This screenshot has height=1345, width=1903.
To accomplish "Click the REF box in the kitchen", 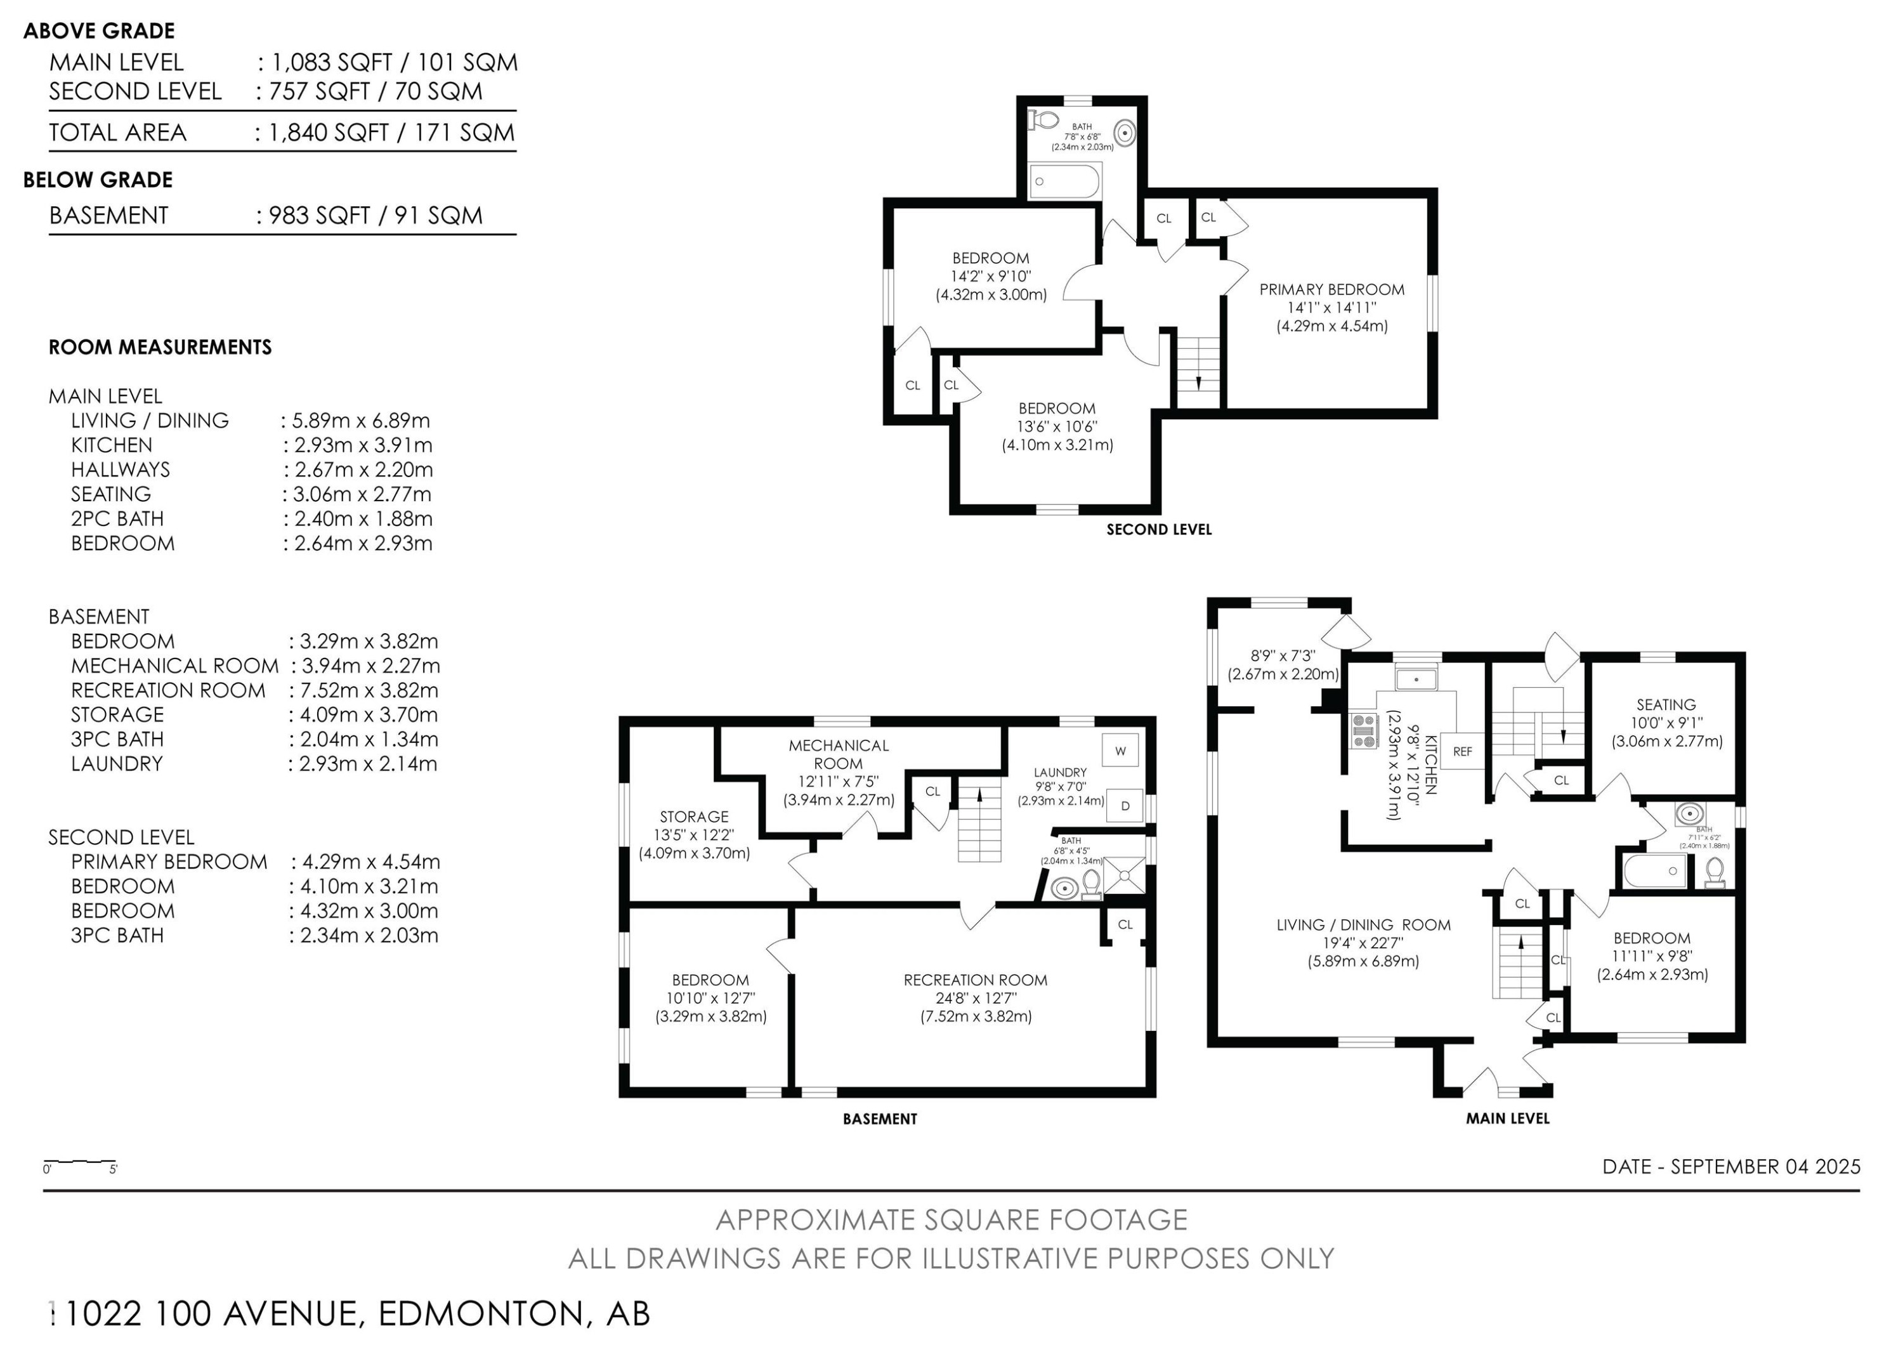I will coord(1462,752).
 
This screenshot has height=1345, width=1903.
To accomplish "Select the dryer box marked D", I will coord(1125,806).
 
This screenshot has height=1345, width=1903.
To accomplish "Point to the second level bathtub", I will coord(1064,181).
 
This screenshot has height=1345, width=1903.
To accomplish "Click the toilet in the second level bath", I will coord(1043,120).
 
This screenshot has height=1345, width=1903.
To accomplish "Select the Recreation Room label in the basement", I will coord(975,980).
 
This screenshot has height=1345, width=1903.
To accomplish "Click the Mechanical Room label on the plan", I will coord(838,754).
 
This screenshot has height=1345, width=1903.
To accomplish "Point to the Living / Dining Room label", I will coord(1363,925).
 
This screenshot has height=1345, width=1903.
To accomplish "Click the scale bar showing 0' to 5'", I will coord(79,1161).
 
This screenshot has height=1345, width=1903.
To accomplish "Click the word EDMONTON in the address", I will coord(481,1313).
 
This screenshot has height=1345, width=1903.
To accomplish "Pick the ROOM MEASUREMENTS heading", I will coord(160,347).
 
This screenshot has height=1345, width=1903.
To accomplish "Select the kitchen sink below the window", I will coord(1416,680).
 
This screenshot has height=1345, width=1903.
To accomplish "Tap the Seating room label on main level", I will coord(1666,704).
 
